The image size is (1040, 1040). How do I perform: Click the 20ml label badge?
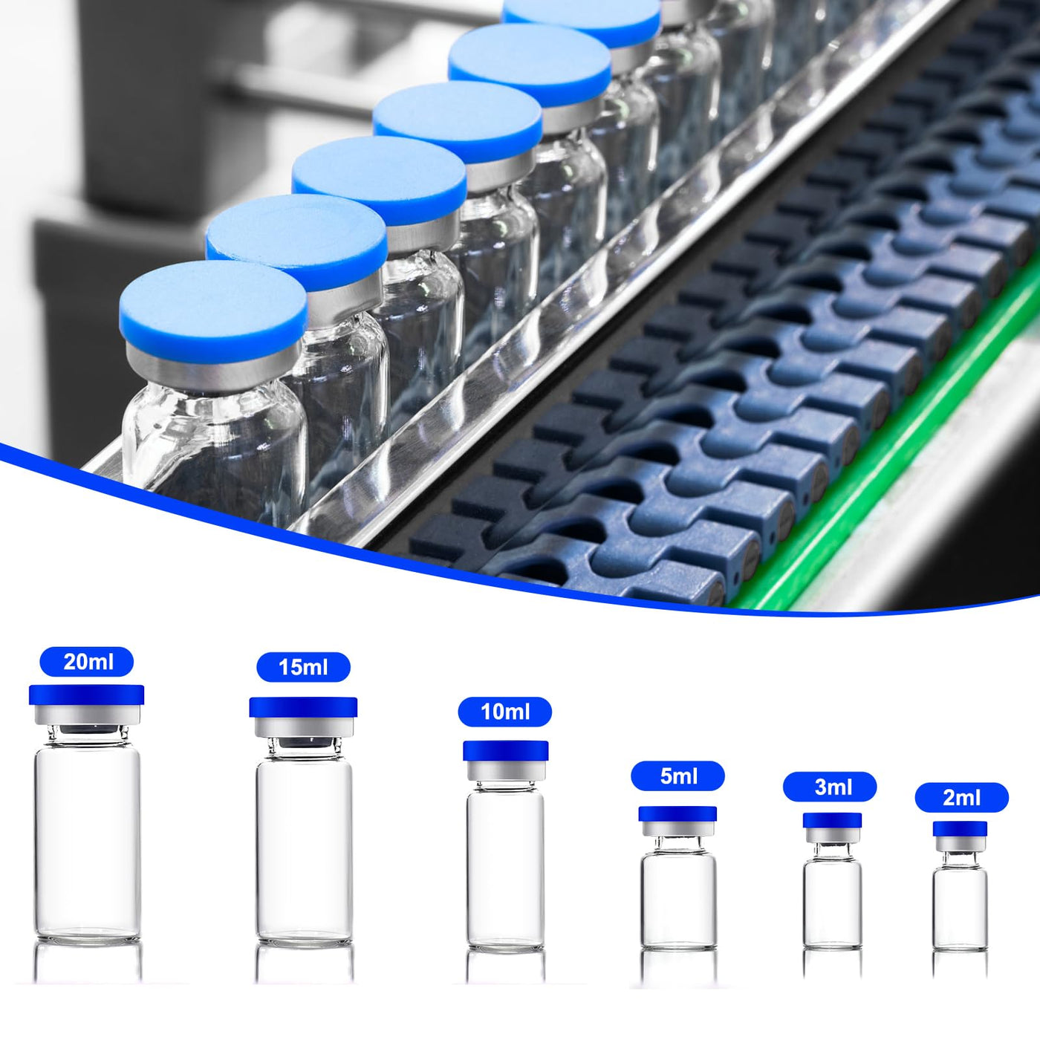click(86, 662)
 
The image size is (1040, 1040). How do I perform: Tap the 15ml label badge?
click(303, 667)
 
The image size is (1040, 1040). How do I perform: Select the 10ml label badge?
click(505, 712)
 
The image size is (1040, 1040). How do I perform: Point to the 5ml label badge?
click(678, 776)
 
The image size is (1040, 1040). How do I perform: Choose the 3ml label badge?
click(830, 787)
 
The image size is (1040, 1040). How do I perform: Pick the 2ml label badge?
click(962, 798)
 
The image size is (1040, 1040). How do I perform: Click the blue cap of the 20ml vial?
click(86, 695)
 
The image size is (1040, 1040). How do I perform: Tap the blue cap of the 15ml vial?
click(303, 707)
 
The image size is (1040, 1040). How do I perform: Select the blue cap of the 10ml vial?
click(506, 751)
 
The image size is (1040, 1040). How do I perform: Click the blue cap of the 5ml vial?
click(678, 814)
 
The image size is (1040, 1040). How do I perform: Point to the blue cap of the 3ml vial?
click(832, 820)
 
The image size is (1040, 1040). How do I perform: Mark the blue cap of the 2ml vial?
click(960, 829)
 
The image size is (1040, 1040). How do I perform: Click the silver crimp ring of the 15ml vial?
click(304, 727)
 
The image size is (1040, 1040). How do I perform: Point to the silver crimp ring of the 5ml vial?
click(678, 829)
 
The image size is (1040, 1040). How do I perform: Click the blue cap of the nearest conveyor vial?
click(213, 311)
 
